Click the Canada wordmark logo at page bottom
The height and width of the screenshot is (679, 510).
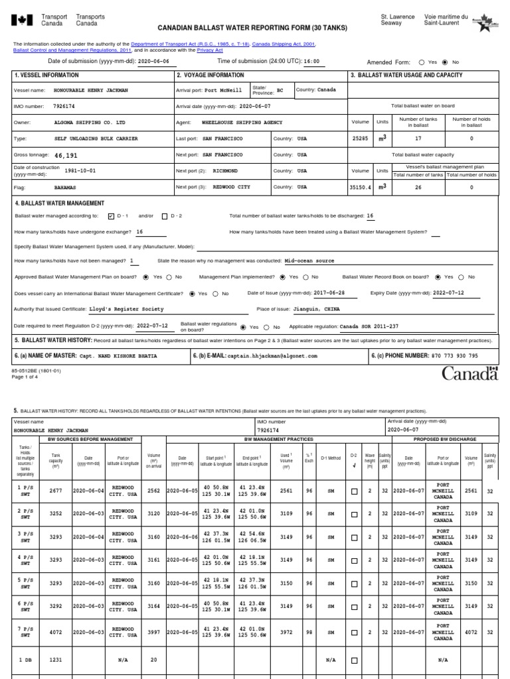click(x=469, y=374)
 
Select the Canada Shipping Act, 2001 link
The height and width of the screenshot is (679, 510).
click(x=283, y=44)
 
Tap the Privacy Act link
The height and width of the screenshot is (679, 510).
click(x=209, y=50)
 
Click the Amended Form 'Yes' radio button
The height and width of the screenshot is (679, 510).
click(x=422, y=62)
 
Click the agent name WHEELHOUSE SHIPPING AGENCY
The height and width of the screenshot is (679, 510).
click(x=242, y=123)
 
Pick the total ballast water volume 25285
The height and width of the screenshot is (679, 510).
click(x=359, y=139)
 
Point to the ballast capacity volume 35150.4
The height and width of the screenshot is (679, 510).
click(x=361, y=188)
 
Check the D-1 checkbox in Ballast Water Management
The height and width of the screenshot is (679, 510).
click(x=111, y=216)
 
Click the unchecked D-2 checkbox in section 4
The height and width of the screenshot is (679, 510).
click(x=165, y=216)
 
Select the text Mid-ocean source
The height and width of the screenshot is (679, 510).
click(x=309, y=261)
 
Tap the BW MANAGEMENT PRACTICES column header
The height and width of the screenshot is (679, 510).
click(x=274, y=440)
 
